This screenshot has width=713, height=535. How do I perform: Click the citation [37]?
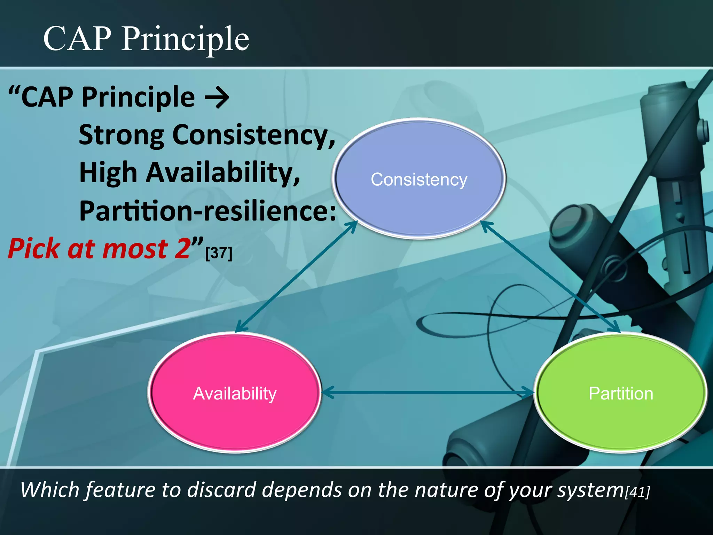click(219, 253)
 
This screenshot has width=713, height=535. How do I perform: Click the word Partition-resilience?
click(207, 211)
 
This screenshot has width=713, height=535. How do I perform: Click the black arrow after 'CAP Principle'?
click(217, 98)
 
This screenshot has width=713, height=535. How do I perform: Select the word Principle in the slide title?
click(185, 39)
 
